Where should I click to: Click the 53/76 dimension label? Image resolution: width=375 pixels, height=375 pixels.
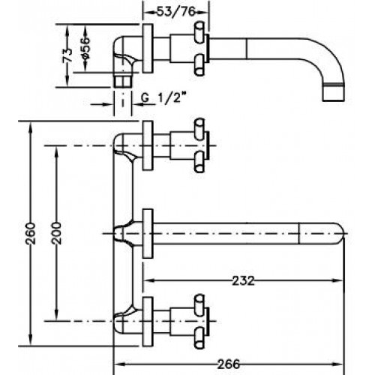click(175, 12)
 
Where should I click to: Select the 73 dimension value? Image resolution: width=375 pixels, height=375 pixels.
click(67, 55)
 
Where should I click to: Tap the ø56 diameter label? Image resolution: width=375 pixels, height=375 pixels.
click(85, 48)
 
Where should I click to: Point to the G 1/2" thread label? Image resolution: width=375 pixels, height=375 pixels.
click(164, 97)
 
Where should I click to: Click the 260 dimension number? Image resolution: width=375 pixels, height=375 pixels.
click(31, 233)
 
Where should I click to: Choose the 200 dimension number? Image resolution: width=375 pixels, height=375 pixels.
click(56, 233)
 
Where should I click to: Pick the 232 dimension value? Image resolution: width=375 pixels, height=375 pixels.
click(244, 280)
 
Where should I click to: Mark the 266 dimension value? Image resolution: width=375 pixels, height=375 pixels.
click(229, 364)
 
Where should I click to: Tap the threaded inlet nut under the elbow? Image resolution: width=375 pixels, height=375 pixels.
click(122, 80)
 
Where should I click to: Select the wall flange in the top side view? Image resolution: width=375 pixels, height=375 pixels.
click(148, 49)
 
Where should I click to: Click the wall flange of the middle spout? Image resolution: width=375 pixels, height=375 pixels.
click(148, 233)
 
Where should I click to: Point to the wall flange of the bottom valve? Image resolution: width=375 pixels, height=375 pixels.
click(148, 322)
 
